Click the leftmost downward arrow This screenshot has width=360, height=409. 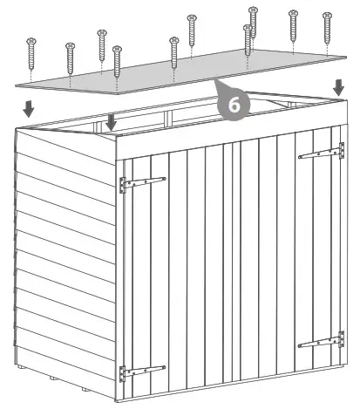29,109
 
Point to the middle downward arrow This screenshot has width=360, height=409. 110,123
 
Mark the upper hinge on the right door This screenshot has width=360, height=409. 317,154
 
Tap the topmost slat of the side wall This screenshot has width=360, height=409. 65,144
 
